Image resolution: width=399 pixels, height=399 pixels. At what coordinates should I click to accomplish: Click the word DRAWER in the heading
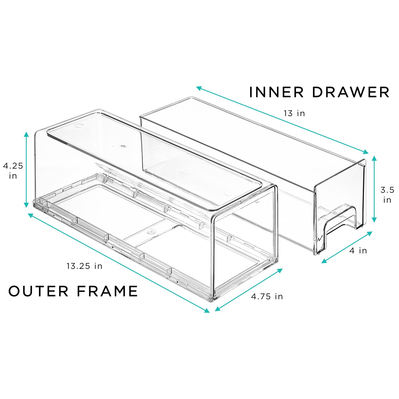(351, 92)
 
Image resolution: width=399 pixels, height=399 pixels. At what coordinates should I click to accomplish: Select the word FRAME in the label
(107, 291)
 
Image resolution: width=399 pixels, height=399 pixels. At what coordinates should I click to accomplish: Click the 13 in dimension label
(294, 113)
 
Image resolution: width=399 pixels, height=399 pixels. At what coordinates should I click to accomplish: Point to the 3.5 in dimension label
(387, 195)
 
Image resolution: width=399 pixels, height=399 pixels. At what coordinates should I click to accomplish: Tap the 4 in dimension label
(358, 251)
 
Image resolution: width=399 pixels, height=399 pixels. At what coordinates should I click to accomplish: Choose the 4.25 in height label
(13, 171)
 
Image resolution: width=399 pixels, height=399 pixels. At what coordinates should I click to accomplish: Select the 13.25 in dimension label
(84, 266)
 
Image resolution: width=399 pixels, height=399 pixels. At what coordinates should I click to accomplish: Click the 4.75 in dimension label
(267, 296)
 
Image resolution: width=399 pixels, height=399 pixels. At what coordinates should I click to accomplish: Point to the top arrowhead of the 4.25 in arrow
(26, 134)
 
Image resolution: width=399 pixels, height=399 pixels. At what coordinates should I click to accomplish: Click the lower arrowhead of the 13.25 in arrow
(207, 311)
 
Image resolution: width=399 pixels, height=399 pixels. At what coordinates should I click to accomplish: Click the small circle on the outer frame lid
(79, 126)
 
